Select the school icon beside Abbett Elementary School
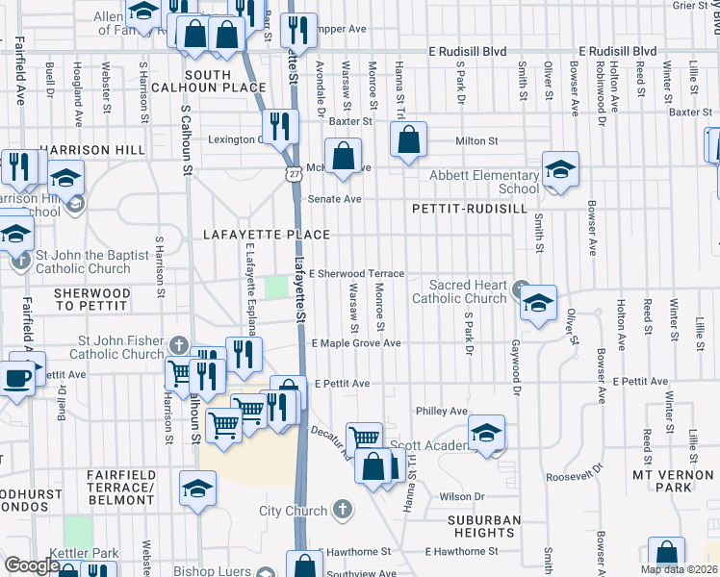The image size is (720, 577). (560, 169)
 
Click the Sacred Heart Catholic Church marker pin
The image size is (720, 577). (521, 287)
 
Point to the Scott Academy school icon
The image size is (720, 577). (487, 434)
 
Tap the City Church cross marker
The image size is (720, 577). (343, 508)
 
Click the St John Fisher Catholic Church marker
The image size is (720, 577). (178, 344)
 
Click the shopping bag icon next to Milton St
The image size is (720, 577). (409, 139)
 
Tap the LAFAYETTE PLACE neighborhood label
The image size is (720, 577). (267, 235)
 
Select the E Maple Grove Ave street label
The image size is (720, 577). (355, 343)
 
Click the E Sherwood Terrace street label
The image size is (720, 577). (356, 274)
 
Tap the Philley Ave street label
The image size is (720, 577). (441, 411)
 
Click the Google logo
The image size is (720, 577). (31, 565)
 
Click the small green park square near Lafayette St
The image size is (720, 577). (276, 288)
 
